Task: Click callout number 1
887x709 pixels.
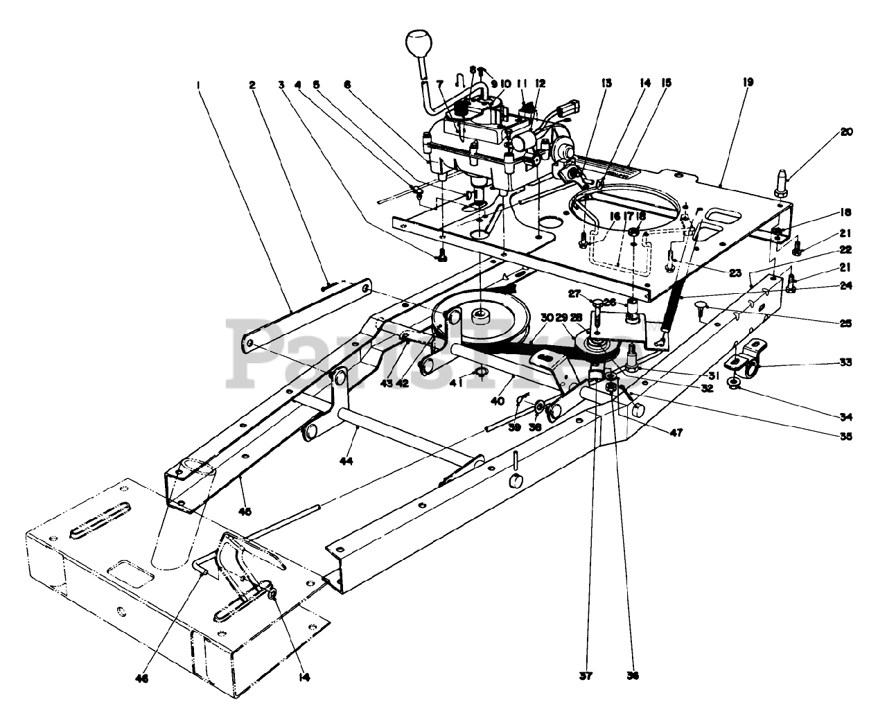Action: pyautogui.click(x=198, y=85)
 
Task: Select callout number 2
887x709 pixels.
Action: pyautogui.click(x=252, y=85)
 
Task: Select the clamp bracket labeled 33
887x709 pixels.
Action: pyautogui.click(x=744, y=358)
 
